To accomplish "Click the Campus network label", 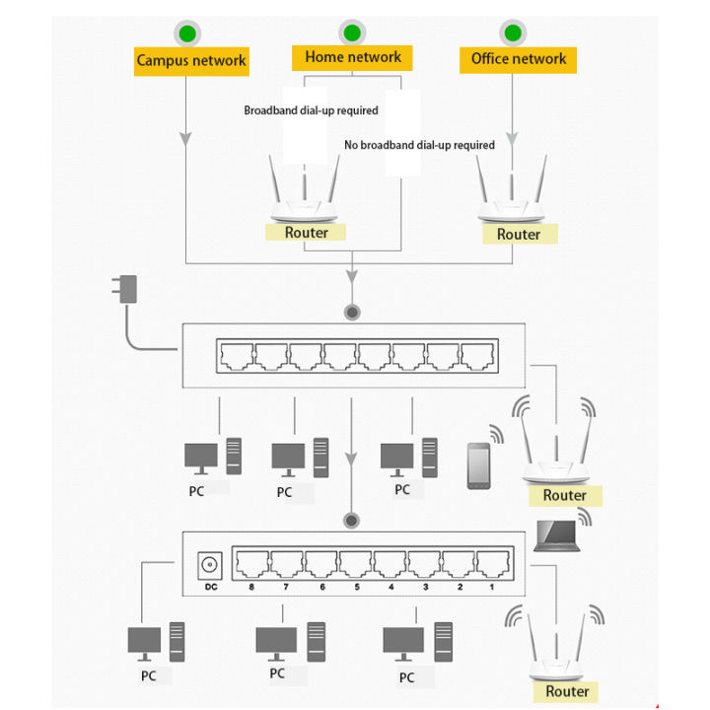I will pos(191,60).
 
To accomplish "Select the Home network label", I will pos(353,57).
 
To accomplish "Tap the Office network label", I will pos(519,59).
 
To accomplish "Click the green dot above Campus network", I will pos(188,34).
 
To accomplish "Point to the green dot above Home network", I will pos(351,33).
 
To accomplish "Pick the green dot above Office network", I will pos(513,34).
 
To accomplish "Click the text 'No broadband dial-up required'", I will pos(419,145).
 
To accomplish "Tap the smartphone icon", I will pos(479,465).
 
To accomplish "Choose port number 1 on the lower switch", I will pos(493,587).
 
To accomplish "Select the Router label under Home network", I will pos(306,233).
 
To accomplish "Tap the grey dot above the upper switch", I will pos(352,313).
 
